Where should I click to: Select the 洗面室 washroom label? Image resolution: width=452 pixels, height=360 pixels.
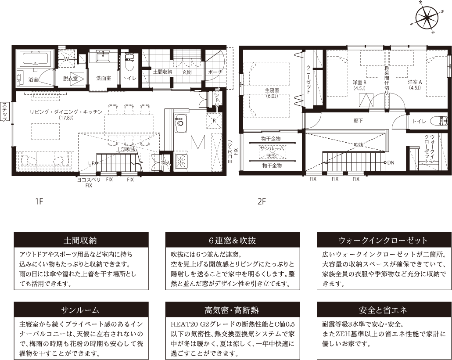click(x=104, y=79)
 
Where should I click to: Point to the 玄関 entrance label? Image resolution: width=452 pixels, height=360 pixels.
click(x=187, y=72)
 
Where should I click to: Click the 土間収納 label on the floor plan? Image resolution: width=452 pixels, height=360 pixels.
click(x=163, y=72)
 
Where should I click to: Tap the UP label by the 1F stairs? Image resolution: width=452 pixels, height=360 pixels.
click(x=91, y=163)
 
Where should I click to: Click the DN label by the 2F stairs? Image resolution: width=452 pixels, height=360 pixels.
click(x=391, y=162)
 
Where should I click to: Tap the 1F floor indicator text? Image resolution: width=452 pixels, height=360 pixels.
click(x=39, y=202)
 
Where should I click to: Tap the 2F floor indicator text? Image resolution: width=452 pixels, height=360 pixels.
click(x=262, y=202)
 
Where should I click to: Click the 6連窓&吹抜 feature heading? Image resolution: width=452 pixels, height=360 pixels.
click(x=232, y=241)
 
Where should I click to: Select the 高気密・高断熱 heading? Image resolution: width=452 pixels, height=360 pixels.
click(x=232, y=310)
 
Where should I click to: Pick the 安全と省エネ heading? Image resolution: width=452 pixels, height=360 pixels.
click(x=383, y=310)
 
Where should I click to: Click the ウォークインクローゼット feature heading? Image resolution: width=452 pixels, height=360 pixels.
click(x=383, y=241)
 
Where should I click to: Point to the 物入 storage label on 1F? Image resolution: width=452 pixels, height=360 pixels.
click(x=165, y=162)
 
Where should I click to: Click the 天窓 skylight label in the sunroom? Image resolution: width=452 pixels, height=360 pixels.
click(x=271, y=156)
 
